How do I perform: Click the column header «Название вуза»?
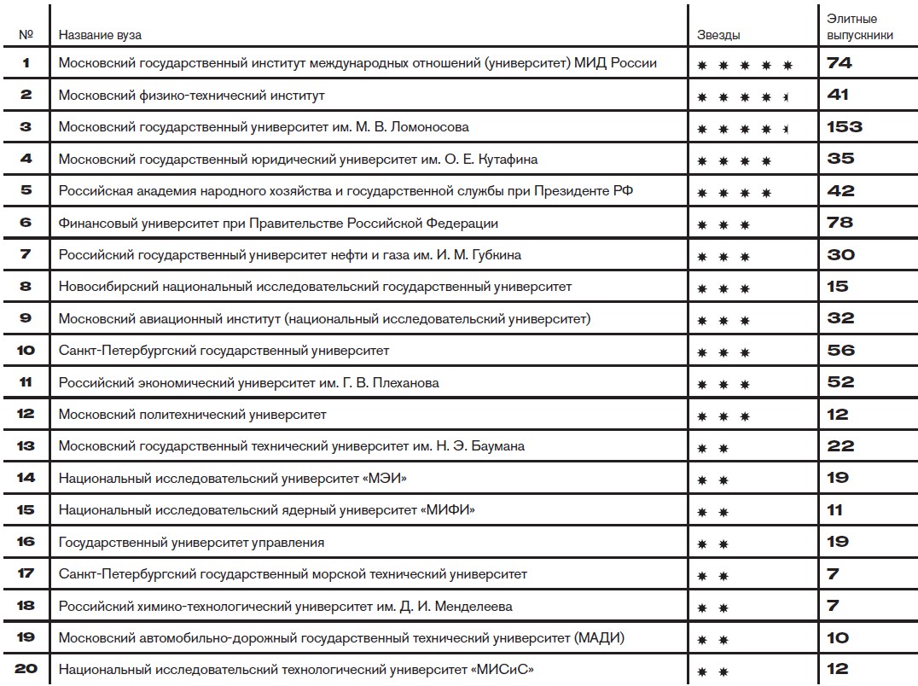100,35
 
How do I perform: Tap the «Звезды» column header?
718,35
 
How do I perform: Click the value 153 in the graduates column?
845,127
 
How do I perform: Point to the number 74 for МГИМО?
840,63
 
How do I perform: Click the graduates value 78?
840,223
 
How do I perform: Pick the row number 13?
26,446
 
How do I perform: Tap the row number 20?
26,669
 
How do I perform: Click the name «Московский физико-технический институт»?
192,96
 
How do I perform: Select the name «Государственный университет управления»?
192,543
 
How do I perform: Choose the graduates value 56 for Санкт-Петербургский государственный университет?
840,351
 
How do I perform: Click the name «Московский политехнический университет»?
192,415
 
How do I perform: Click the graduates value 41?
838,96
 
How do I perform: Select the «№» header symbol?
26,35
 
